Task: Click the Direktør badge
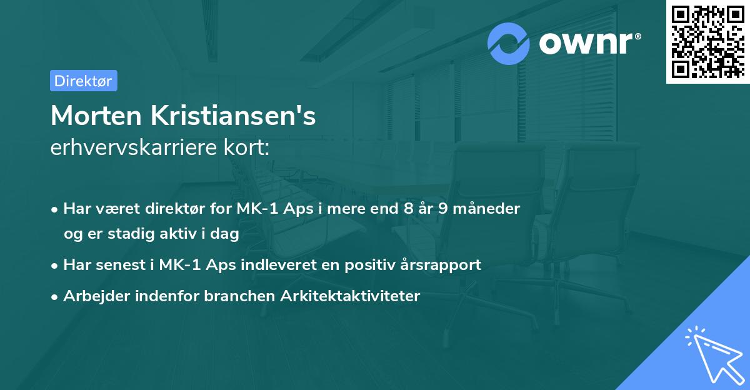[x=83, y=81]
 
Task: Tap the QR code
[x=707, y=41]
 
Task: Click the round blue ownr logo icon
[x=509, y=44]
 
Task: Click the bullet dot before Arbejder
[x=56, y=297]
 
